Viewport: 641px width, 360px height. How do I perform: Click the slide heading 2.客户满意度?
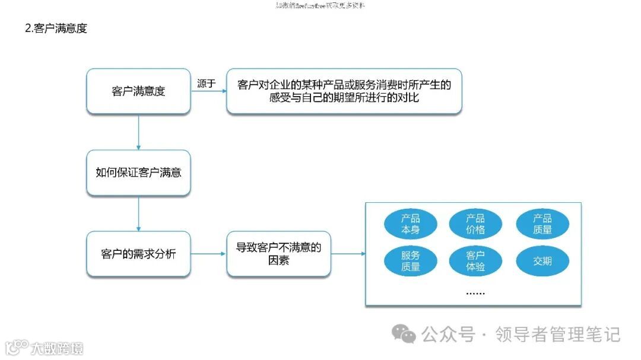point(56,28)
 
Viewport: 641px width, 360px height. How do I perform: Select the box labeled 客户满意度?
point(138,91)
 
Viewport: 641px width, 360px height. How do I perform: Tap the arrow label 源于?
point(206,84)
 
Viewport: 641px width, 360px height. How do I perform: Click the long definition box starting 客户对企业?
point(344,91)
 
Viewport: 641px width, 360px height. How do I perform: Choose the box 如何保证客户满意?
point(138,173)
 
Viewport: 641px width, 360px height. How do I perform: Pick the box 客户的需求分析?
point(138,254)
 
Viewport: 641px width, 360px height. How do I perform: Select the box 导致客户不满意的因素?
point(278,254)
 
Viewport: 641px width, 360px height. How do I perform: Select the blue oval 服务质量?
point(410,261)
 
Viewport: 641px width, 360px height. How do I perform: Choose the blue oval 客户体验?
point(475,261)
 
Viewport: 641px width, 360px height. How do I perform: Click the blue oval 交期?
point(542,261)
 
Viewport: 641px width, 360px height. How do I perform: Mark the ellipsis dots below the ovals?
point(475,293)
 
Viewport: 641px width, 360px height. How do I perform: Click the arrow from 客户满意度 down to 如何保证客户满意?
point(138,132)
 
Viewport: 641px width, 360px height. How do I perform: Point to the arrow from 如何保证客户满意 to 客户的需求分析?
point(138,214)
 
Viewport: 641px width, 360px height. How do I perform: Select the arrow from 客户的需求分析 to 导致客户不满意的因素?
point(209,254)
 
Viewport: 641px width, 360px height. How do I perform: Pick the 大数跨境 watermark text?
point(58,348)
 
